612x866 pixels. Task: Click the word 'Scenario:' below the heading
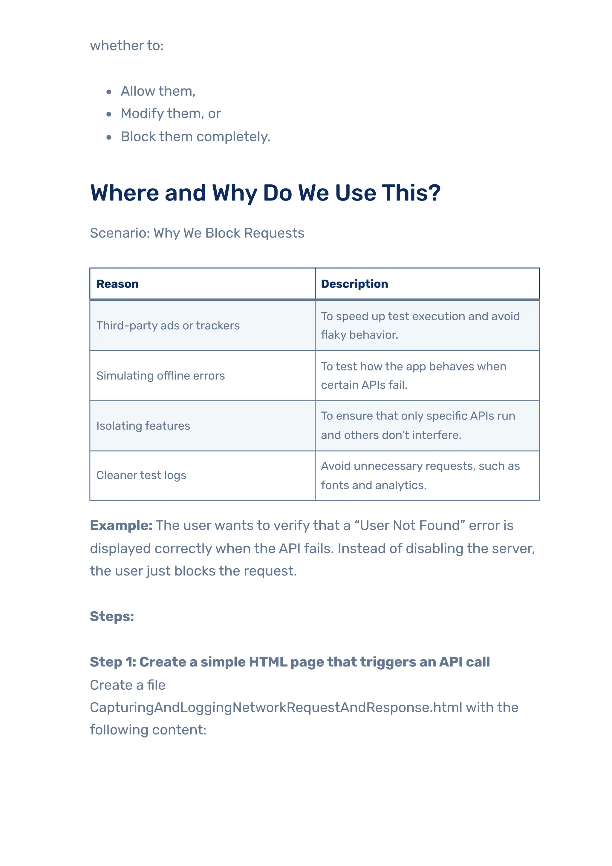120,233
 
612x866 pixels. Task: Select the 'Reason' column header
118,284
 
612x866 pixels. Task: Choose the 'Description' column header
354,284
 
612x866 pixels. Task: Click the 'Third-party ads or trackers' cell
168,325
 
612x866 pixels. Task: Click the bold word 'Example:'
121,525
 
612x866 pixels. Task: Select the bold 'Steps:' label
112,617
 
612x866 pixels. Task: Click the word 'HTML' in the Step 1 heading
268,662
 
